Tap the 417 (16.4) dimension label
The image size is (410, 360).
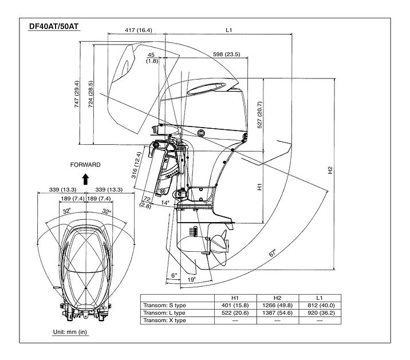137,30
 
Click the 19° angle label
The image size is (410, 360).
192,280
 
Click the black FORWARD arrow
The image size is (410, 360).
85,178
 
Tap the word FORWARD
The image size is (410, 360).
85,165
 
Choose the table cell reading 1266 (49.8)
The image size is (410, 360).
277,305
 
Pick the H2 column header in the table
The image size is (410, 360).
277,298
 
